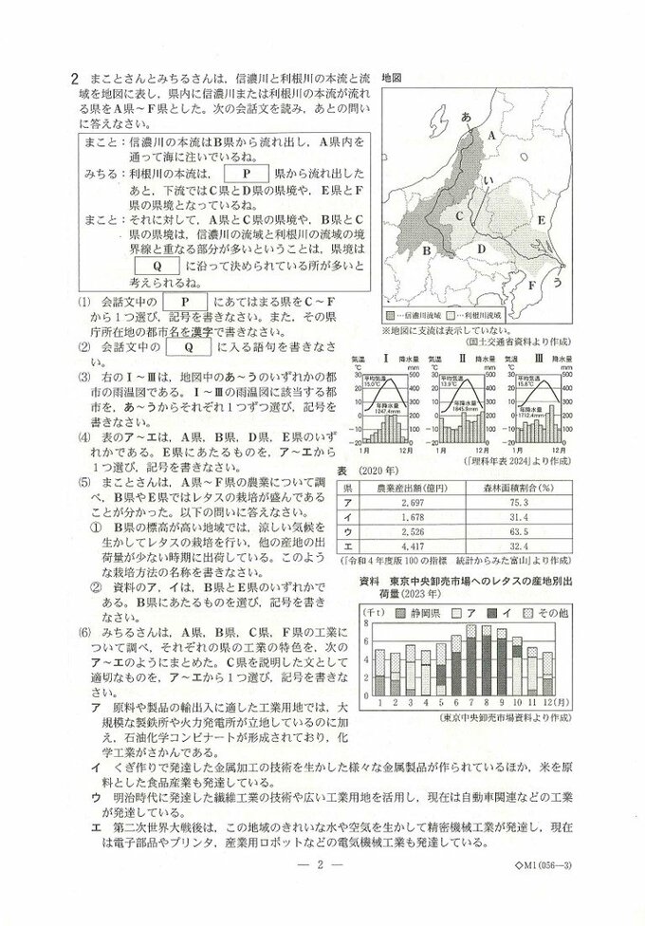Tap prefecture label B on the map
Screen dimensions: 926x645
coord(427,250)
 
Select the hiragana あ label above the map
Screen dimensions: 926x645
coord(466,118)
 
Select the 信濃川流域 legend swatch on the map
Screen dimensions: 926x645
coord(390,313)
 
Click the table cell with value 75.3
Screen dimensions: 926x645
coord(518,502)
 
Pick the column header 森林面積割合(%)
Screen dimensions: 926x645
coord(518,486)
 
